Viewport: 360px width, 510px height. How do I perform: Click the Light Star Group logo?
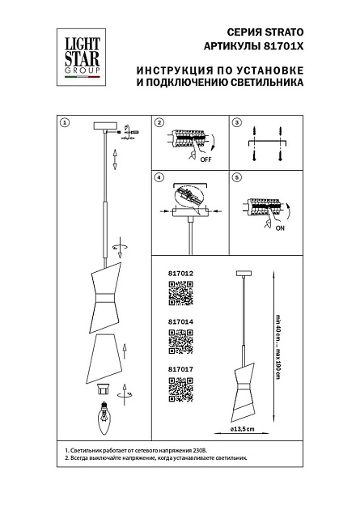pos(77,49)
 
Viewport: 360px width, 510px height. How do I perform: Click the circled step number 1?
pos(66,123)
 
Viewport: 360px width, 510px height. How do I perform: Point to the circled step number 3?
pos(236,123)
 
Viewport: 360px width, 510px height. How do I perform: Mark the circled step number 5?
pos(236,178)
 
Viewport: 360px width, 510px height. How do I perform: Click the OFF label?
pos(206,160)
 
